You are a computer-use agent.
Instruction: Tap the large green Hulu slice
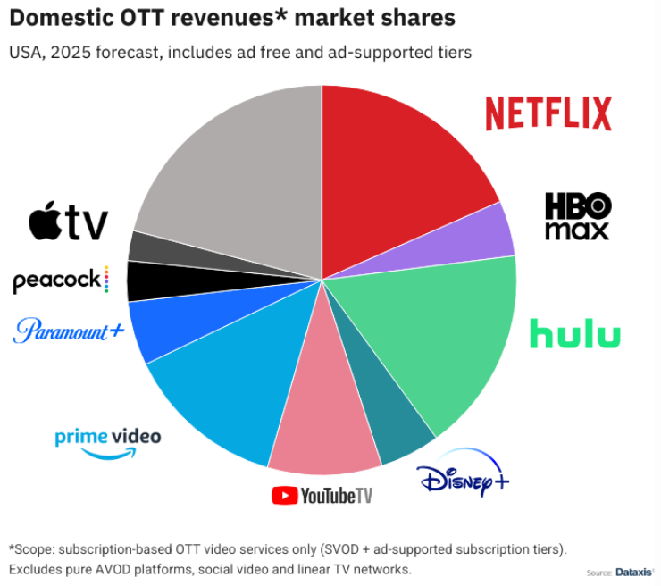(x=447, y=339)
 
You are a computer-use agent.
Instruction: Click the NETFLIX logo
(x=548, y=114)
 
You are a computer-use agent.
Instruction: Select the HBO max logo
(x=577, y=216)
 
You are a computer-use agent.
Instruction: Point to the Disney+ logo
(x=464, y=474)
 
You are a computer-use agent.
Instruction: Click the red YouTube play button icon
(x=284, y=494)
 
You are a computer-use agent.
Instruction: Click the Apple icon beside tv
(x=45, y=221)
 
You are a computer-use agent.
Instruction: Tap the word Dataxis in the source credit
(x=635, y=573)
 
